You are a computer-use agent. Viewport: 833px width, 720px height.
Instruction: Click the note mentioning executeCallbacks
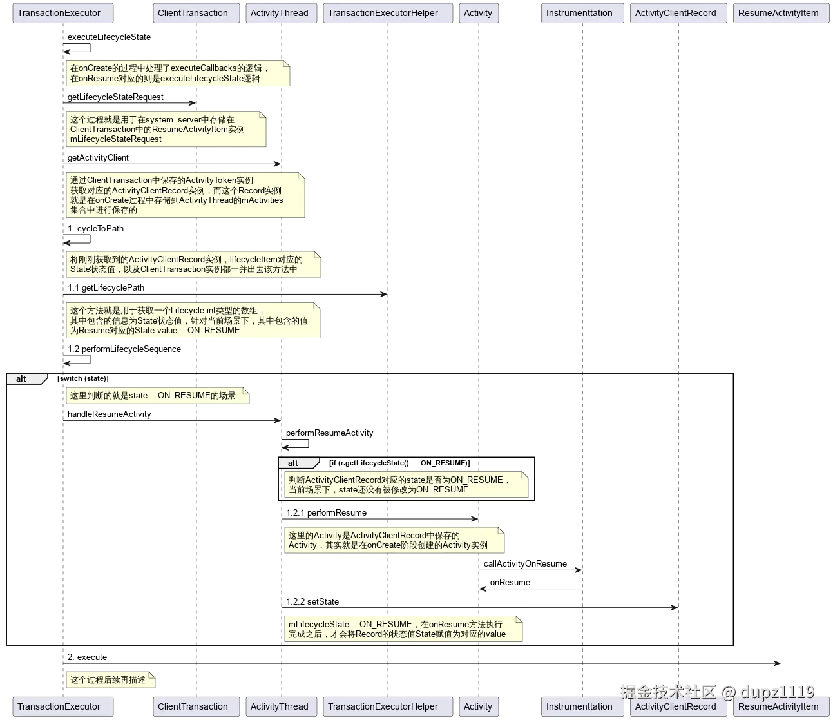(x=178, y=73)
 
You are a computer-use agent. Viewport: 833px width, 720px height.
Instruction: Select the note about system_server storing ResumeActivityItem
(x=166, y=129)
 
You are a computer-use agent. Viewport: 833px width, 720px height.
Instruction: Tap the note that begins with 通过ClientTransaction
(x=185, y=195)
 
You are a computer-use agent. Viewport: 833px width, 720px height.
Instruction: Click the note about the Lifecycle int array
(x=193, y=320)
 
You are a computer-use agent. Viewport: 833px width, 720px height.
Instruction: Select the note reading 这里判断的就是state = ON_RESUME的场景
(x=157, y=396)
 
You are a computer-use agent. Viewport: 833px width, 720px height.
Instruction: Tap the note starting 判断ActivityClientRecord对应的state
(x=406, y=485)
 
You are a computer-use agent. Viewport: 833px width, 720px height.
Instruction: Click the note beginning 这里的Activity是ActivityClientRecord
(x=394, y=540)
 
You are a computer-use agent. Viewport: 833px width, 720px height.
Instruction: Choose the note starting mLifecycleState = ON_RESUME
(x=403, y=629)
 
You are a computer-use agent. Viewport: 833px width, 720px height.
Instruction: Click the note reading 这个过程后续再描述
(x=110, y=680)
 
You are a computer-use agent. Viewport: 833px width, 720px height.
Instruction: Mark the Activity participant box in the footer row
(x=478, y=706)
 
